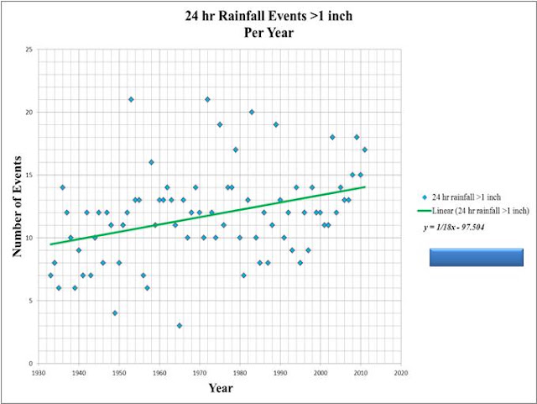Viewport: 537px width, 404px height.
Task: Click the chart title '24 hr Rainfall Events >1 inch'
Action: [268, 16]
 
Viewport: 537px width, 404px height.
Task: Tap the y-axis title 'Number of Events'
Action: [17, 207]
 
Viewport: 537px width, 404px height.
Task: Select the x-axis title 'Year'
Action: [221, 388]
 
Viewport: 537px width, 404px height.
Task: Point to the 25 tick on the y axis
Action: [29, 50]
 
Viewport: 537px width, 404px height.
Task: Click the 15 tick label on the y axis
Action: [29, 175]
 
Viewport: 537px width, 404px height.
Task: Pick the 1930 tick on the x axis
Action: [39, 373]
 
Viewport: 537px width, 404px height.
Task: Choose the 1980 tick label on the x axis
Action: [240, 373]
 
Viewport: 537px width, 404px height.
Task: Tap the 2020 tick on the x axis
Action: [401, 373]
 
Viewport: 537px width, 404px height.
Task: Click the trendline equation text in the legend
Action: [454, 227]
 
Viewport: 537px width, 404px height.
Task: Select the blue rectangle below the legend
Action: [477, 257]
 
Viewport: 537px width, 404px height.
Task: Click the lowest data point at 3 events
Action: [180, 326]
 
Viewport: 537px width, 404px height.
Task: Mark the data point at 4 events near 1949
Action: [115, 313]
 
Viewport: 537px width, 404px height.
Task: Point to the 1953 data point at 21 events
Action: [131, 99]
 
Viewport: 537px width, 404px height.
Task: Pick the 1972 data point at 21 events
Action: [207, 99]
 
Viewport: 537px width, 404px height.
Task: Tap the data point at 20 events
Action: [252, 113]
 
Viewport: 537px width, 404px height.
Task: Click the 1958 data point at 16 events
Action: [151, 162]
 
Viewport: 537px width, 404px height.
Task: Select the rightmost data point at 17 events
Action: [365, 150]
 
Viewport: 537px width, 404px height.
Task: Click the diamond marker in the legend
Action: [425, 197]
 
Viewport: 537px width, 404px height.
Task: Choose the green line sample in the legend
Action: [425, 211]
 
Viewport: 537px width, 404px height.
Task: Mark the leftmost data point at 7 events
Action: [50, 275]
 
